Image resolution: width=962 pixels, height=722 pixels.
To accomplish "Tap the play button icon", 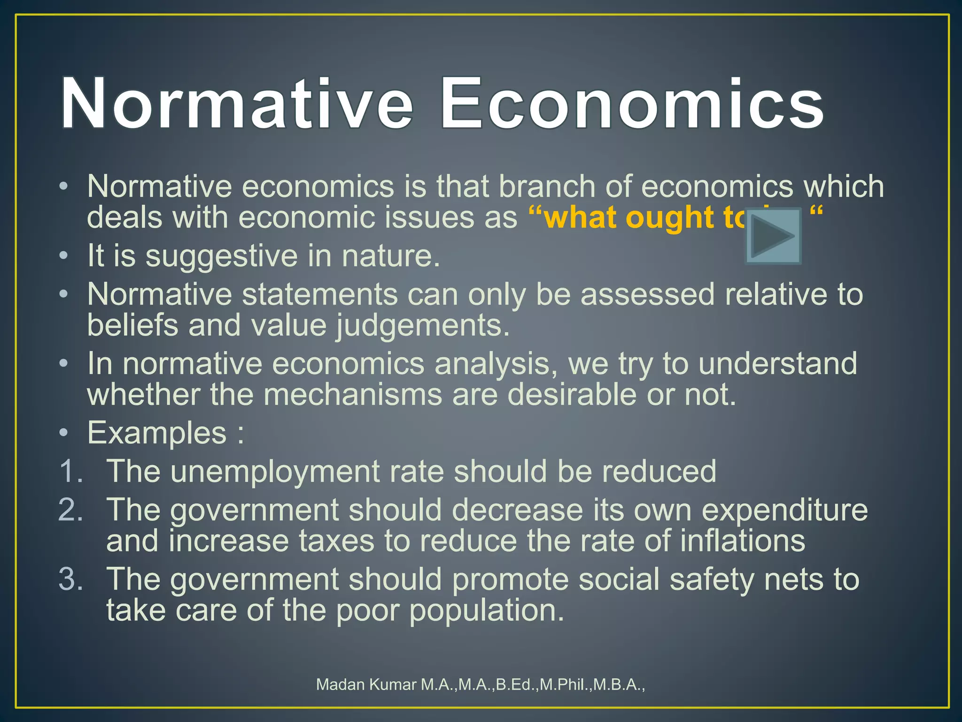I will (x=773, y=236).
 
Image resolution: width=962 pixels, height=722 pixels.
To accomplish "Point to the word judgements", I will (x=422, y=326).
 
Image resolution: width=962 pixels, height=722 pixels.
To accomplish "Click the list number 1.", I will (x=70, y=471).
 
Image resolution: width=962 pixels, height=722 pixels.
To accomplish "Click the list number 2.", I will (x=70, y=510).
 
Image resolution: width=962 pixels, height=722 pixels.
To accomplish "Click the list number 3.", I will (x=70, y=579).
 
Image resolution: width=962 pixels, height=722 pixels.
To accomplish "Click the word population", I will (x=486, y=611).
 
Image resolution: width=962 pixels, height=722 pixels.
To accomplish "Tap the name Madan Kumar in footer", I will (x=366, y=684).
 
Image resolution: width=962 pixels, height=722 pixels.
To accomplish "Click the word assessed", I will (x=648, y=295).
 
